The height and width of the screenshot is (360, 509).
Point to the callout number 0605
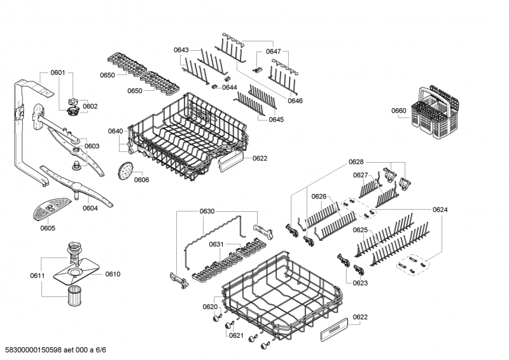pos(48,228)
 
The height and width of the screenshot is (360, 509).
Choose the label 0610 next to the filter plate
pos(113,274)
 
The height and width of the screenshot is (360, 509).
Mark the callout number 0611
pos(38,275)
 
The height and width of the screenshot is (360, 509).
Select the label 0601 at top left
pos(58,73)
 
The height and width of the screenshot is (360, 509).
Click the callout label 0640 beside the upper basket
pos(115,131)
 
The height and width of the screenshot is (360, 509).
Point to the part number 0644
pos(230,87)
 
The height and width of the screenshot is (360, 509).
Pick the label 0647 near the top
pos(273,51)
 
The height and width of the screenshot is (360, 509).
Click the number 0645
pos(276,120)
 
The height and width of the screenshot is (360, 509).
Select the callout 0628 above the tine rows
pos(356,162)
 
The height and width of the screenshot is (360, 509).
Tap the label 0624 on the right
pos(440,209)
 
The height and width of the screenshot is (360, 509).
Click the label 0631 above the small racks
pos(217,244)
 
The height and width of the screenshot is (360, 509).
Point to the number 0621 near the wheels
pos(236,335)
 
